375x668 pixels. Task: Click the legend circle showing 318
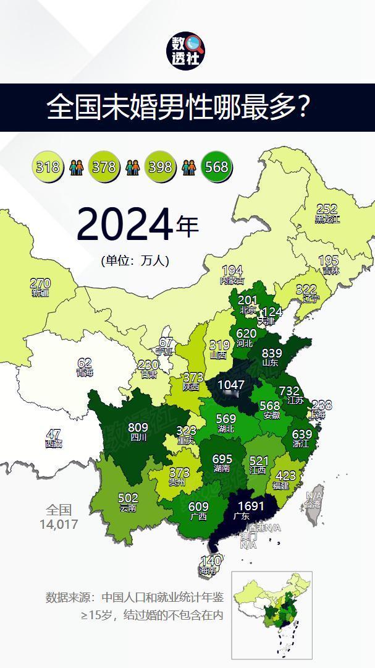point(48,166)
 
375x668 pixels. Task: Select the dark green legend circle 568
point(217,166)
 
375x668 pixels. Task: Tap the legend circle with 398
point(160,166)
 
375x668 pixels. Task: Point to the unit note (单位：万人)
point(135,260)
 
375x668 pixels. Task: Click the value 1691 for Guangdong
point(251,507)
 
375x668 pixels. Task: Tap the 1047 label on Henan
point(231,385)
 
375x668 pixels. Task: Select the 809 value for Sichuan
point(138,427)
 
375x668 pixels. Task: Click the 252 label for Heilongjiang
point(327,209)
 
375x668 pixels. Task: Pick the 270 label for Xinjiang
point(40,284)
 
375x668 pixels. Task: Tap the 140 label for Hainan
point(211,561)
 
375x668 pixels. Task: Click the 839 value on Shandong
point(272,353)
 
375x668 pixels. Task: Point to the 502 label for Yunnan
point(128,498)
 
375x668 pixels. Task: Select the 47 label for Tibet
point(54,434)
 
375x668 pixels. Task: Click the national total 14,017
point(59,525)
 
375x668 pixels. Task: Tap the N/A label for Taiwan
point(314,495)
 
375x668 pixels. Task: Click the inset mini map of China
point(272,615)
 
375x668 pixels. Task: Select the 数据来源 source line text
point(134,597)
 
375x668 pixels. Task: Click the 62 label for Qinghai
point(85,363)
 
